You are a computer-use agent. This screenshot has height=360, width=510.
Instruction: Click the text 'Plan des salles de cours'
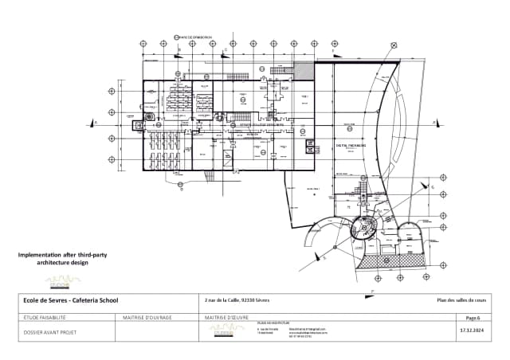click(461, 299)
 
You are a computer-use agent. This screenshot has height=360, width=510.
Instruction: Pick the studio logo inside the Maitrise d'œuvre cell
click(224, 331)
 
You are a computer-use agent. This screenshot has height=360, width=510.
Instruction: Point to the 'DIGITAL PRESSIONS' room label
click(350, 147)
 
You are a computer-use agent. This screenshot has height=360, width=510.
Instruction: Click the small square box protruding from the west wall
click(136, 123)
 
